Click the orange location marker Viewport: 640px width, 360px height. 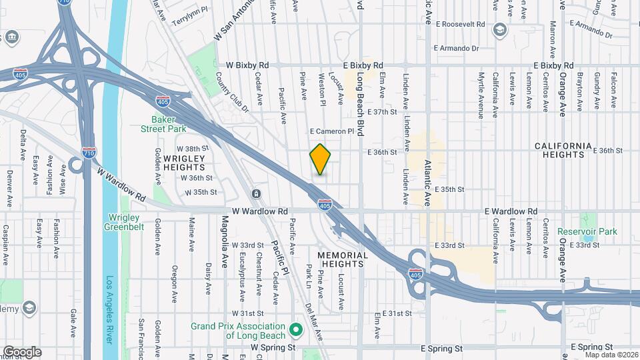click(x=320, y=159)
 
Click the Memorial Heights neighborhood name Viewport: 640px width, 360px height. click(x=343, y=260)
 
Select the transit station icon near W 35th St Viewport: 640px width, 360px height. click(x=256, y=194)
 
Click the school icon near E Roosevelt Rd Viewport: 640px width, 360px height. click(x=499, y=30)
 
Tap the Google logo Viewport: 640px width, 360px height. click(x=22, y=352)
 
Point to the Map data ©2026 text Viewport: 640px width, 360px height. click(x=610, y=355)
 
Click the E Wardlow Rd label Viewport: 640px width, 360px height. click(x=511, y=211)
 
